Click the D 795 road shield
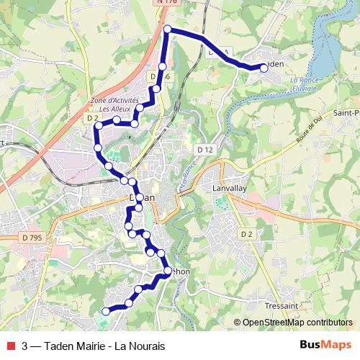point(32,237)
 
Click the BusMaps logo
point(325,345)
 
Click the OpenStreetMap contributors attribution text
point(297,323)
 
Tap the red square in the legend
point(10,346)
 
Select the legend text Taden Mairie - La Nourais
point(105,346)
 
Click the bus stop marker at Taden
point(264,68)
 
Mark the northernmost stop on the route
point(168,30)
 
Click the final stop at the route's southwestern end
point(106,311)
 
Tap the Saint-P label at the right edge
point(346,114)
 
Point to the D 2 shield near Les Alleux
point(91,117)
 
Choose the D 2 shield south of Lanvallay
point(246,234)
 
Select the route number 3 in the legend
point(25,346)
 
